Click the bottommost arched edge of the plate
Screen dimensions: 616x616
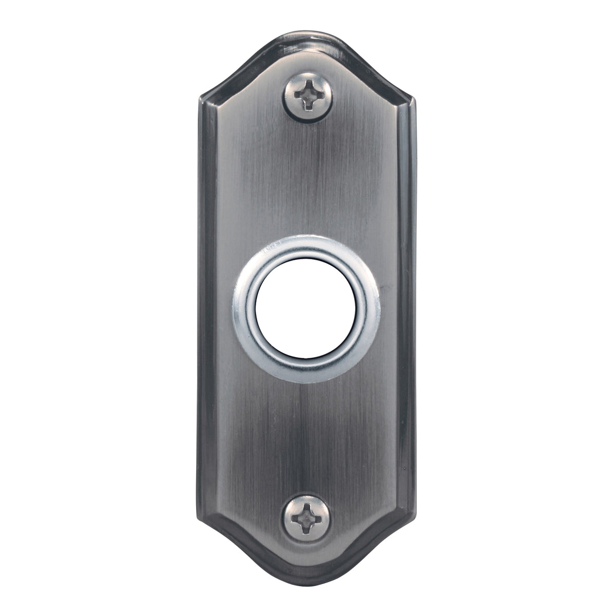[308, 584]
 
